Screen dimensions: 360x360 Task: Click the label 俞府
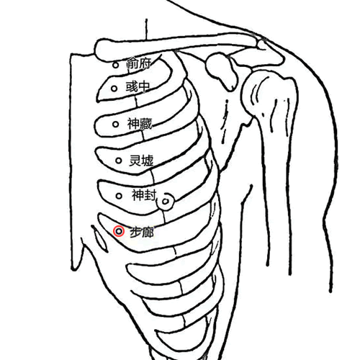(139, 63)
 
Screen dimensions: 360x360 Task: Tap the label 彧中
(138, 87)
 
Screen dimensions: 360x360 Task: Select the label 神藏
(140, 124)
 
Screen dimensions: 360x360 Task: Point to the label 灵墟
(141, 161)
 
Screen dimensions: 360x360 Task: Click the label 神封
(144, 195)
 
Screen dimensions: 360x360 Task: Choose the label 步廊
(142, 232)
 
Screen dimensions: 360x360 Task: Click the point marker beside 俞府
(116, 65)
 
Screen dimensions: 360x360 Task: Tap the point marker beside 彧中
(114, 89)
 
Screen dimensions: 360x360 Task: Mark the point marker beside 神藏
(116, 124)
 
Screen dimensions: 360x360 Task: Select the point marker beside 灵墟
(119, 161)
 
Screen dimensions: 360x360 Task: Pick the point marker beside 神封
(119, 196)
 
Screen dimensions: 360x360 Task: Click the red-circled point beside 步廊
(119, 231)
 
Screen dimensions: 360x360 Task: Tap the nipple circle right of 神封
(166, 201)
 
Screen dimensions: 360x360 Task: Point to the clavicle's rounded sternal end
(102, 50)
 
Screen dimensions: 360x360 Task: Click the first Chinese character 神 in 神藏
(133, 124)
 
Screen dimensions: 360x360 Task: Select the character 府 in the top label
(145, 63)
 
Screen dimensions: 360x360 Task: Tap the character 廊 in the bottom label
(148, 232)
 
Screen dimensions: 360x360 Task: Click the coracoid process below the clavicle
(221, 71)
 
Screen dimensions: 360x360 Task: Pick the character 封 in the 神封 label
(150, 195)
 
